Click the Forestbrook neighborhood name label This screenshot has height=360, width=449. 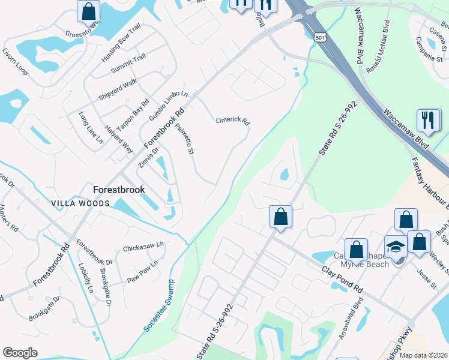[x=119, y=189]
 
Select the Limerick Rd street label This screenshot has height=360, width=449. [x=232, y=121]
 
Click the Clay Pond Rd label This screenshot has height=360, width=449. [x=342, y=280]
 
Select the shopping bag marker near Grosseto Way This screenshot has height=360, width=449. [x=89, y=11]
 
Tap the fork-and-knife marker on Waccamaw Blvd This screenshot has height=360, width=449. [x=429, y=121]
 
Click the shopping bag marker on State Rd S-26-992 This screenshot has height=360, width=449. [x=280, y=217]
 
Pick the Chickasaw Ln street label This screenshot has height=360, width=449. [x=143, y=246]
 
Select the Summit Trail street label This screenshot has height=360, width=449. [x=128, y=64]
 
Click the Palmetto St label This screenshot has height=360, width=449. [x=184, y=139]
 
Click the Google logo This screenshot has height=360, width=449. [x=20, y=353]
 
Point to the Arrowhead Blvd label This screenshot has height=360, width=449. [x=351, y=322]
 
